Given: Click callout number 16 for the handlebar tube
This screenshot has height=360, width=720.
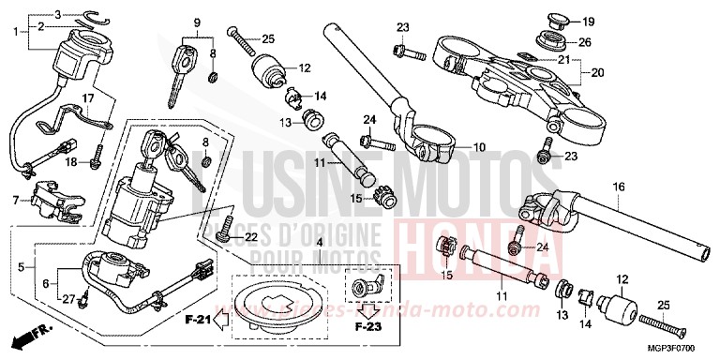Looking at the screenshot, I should tap(619, 187).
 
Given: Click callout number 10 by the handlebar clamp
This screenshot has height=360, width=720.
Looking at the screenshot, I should tap(478, 148).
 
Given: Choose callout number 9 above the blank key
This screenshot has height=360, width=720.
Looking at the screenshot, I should tap(198, 22).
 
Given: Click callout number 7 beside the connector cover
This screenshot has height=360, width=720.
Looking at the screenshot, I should tap(15, 200).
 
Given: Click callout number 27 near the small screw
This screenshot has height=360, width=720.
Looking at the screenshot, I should tap(67, 299).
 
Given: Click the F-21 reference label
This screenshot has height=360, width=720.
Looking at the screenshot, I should tap(196, 322).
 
